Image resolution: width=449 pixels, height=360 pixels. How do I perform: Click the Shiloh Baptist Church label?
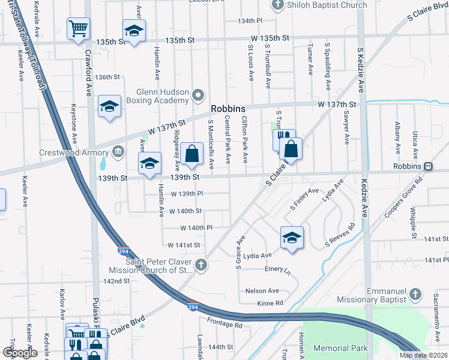click(x=327, y=5)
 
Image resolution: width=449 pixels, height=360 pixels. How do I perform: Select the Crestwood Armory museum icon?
click(x=118, y=151)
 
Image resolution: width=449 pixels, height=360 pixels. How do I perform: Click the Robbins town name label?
click(x=228, y=109)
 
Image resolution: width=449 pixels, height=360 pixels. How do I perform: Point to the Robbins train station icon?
click(x=429, y=166)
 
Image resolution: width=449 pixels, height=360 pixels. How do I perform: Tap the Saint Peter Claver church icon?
click(x=201, y=264)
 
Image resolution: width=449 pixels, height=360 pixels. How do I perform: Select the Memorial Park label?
click(x=340, y=348)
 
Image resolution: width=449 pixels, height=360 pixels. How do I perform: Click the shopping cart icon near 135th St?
click(x=78, y=28)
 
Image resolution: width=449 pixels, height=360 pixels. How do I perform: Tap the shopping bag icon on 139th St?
click(x=192, y=154)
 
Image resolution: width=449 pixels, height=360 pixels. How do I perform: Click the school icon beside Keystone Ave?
click(x=109, y=106)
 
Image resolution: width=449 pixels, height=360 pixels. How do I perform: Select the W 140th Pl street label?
click(x=197, y=228)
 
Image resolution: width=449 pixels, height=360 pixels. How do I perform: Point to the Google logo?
click(x=20, y=353)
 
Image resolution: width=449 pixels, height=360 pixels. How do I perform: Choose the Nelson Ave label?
click(x=262, y=291)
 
